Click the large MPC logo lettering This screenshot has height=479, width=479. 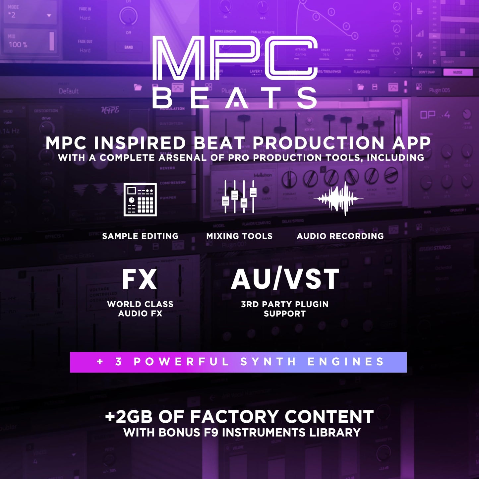235,58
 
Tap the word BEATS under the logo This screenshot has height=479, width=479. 235,98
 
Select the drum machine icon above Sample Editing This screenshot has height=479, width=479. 140,200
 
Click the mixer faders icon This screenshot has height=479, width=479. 239,197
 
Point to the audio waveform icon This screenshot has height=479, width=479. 338,199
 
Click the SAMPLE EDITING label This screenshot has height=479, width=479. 140,236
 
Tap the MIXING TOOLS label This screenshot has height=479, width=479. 239,236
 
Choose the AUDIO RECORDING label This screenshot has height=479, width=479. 340,236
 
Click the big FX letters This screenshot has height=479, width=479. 140,280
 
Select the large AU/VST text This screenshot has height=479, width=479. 285,279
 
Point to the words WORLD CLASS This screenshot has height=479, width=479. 140,304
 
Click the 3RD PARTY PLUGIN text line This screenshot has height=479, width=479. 285,304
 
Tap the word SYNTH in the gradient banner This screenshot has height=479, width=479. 269,362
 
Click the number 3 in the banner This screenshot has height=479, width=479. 118,362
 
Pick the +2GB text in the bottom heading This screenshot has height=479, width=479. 129,417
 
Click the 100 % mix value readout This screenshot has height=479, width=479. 18,44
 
